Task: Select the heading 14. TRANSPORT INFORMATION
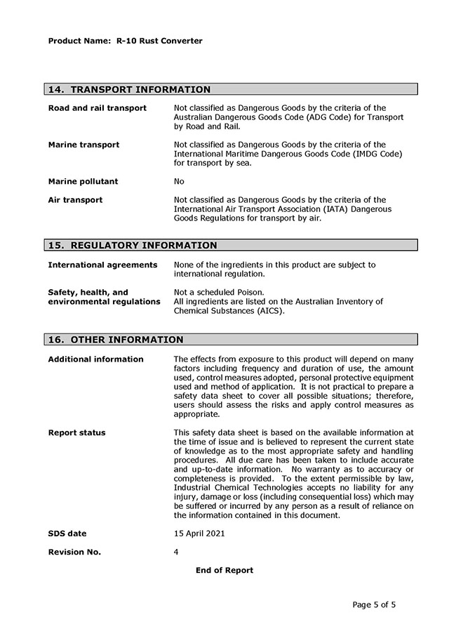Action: click(129, 90)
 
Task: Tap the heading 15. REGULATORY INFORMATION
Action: click(133, 246)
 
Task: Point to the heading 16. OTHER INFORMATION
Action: click(116, 340)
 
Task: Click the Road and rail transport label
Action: click(98, 108)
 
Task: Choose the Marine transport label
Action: click(83, 145)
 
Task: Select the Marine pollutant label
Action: click(83, 181)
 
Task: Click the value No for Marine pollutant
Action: click(179, 181)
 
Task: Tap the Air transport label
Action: click(75, 200)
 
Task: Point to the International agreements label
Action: click(102, 265)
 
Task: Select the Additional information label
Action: click(95, 359)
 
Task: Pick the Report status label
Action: click(76, 432)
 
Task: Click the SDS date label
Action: click(67, 534)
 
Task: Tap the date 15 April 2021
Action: click(199, 534)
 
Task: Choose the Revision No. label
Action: click(74, 552)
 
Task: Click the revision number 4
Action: click(176, 552)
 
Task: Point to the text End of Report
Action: click(224, 570)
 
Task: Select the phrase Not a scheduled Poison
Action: click(218, 292)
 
